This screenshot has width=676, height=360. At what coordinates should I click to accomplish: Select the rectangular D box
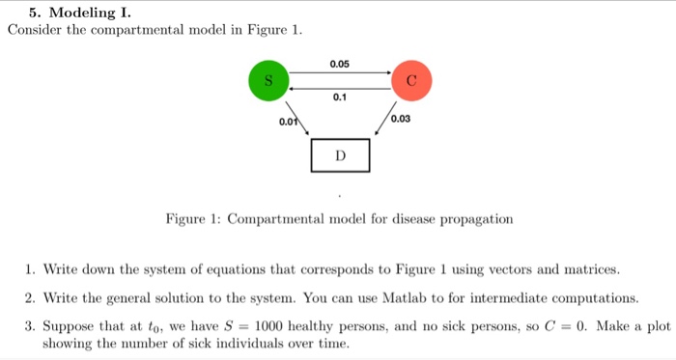340,154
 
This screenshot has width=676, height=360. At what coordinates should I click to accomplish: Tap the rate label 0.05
340,64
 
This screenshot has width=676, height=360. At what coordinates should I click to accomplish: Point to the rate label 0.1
340,97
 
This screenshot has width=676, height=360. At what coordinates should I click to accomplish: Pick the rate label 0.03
401,119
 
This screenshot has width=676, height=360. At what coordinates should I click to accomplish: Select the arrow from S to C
340,72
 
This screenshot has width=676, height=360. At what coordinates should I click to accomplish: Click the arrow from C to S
340,86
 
